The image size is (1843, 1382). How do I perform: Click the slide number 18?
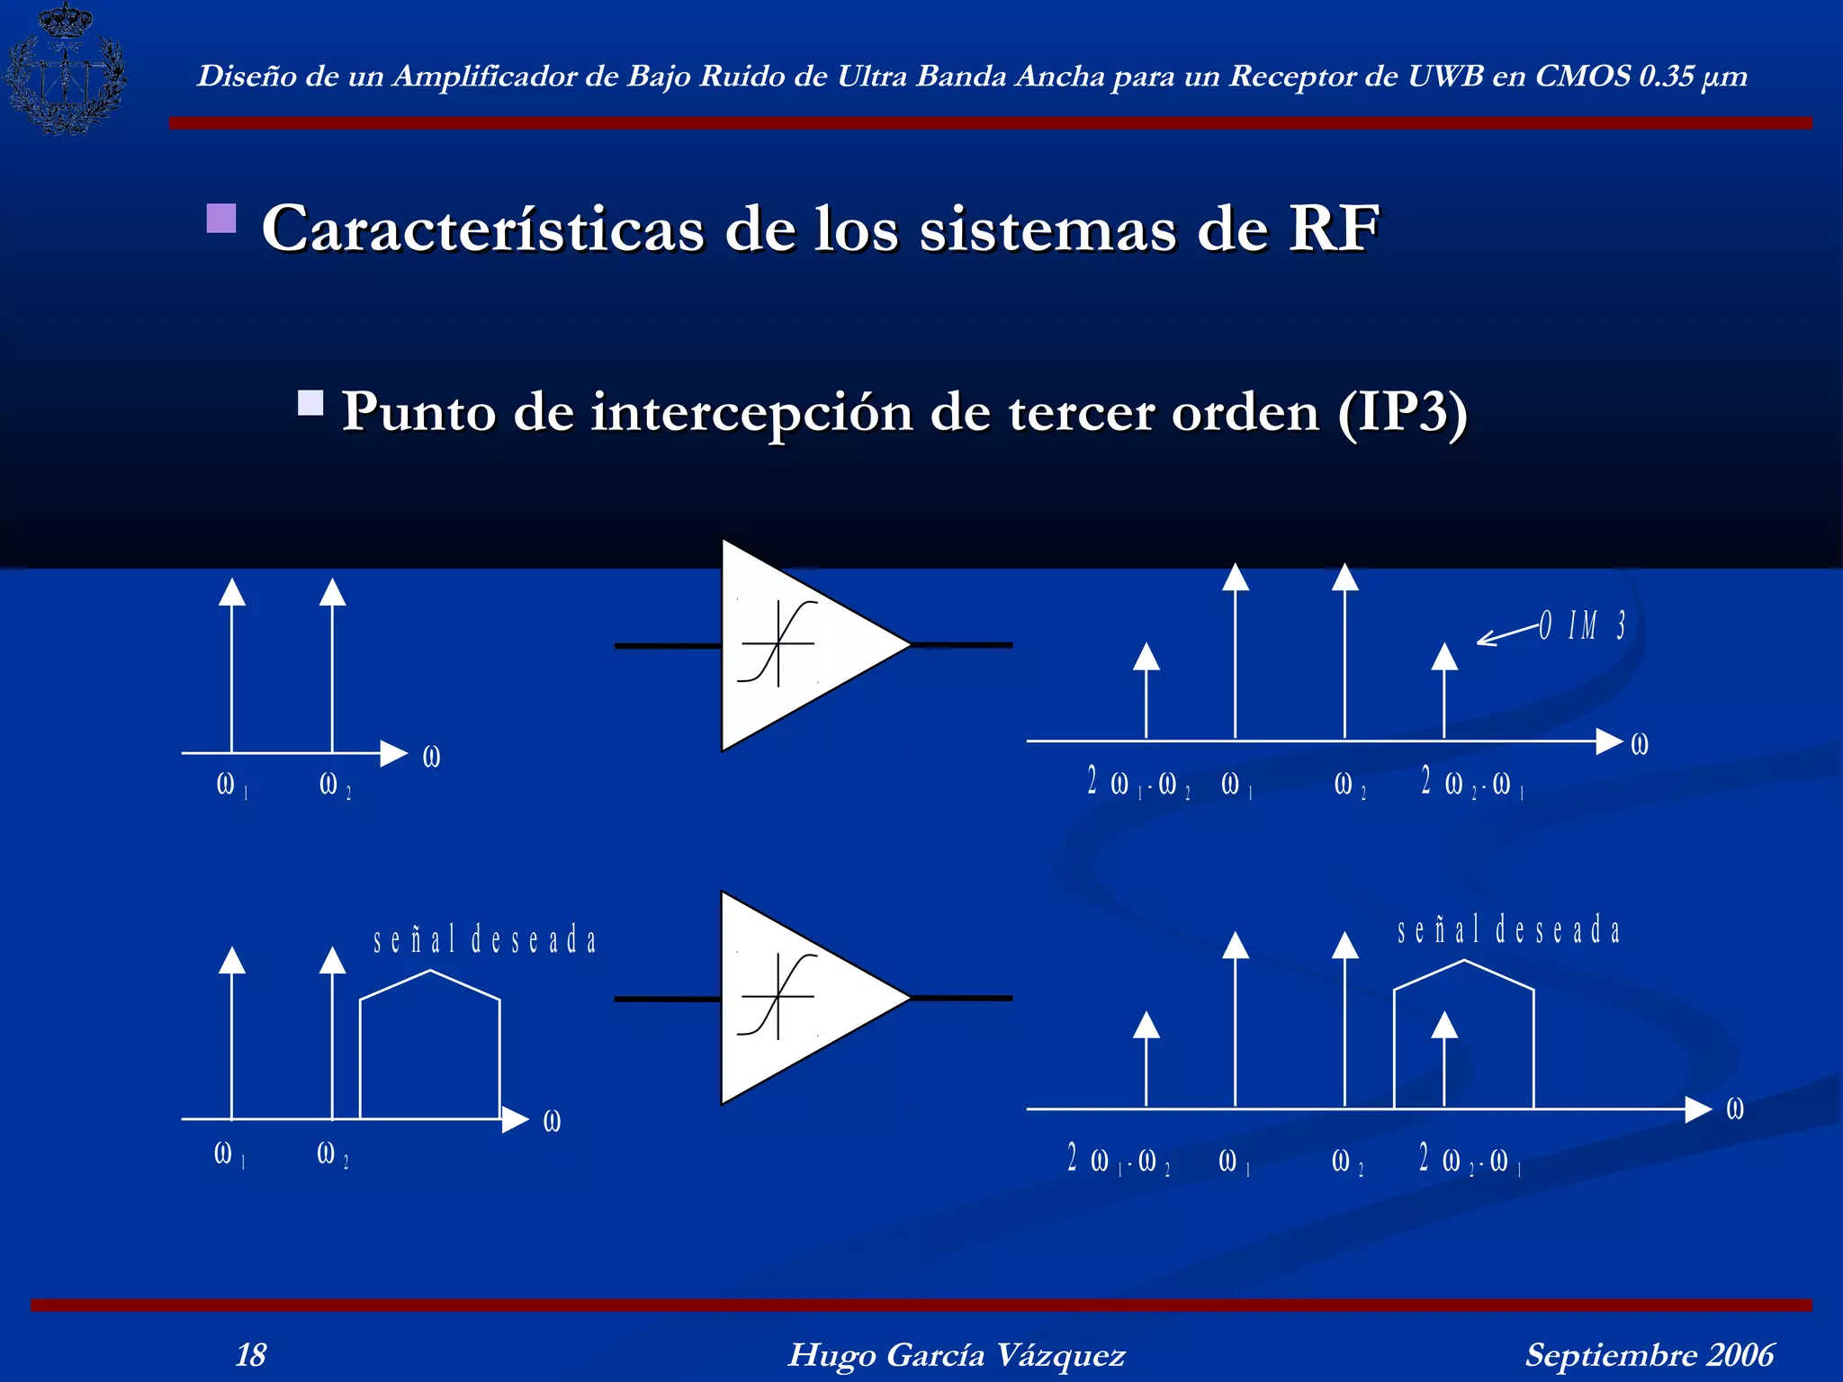tap(250, 1354)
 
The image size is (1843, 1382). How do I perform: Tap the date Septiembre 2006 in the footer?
tap(1649, 1354)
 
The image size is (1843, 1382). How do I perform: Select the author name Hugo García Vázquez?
tap(956, 1354)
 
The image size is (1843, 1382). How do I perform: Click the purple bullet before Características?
tap(221, 219)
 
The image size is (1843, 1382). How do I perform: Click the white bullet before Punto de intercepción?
tap(310, 402)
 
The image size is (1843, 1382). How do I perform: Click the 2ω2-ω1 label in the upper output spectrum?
tap(1471, 783)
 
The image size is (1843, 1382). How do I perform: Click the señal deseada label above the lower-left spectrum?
tap(485, 940)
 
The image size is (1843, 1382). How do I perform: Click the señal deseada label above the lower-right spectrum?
tap(1508, 930)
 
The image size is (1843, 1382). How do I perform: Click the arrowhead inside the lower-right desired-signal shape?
tap(1444, 1025)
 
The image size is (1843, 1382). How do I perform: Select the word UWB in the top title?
tap(1445, 76)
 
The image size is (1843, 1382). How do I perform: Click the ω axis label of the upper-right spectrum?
tap(1640, 744)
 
